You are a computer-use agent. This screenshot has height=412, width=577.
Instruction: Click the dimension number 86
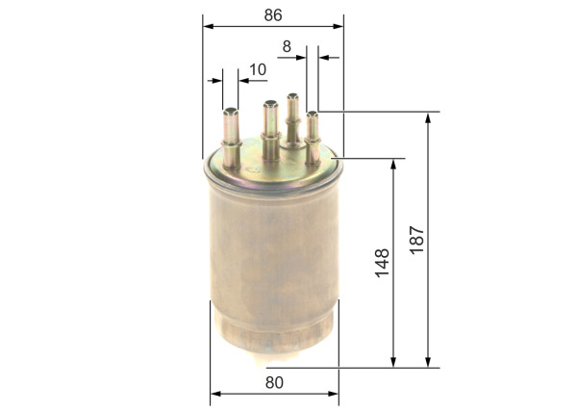click(x=274, y=16)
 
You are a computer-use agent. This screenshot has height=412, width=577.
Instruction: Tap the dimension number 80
click(x=274, y=382)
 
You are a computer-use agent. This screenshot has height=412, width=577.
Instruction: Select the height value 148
click(x=382, y=264)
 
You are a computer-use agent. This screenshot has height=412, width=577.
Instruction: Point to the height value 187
click(x=415, y=239)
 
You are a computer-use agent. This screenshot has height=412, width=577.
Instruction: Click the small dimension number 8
click(x=287, y=45)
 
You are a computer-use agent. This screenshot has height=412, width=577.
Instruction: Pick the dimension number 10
click(x=257, y=69)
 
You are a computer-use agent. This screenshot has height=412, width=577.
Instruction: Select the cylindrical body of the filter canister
click(x=274, y=260)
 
